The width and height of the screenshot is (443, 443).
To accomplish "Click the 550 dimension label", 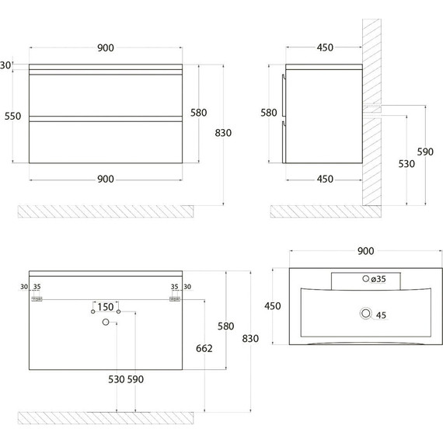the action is tap(12, 116).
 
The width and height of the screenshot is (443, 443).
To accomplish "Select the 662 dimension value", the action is tap(204, 348).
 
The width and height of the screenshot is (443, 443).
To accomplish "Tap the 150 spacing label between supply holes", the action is tap(106, 307).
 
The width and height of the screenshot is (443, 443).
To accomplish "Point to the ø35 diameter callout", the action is tap(378, 279).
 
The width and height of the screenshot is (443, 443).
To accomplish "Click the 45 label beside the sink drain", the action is tap(381, 315).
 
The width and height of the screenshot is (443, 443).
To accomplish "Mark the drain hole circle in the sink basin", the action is tap(366, 313).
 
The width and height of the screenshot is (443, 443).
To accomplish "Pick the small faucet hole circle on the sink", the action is tap(365, 278).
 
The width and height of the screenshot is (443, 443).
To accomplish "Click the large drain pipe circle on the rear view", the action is tap(106, 322).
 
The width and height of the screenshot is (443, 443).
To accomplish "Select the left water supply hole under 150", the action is tap(93, 312).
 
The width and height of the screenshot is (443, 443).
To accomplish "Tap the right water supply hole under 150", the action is tap(119, 312).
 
